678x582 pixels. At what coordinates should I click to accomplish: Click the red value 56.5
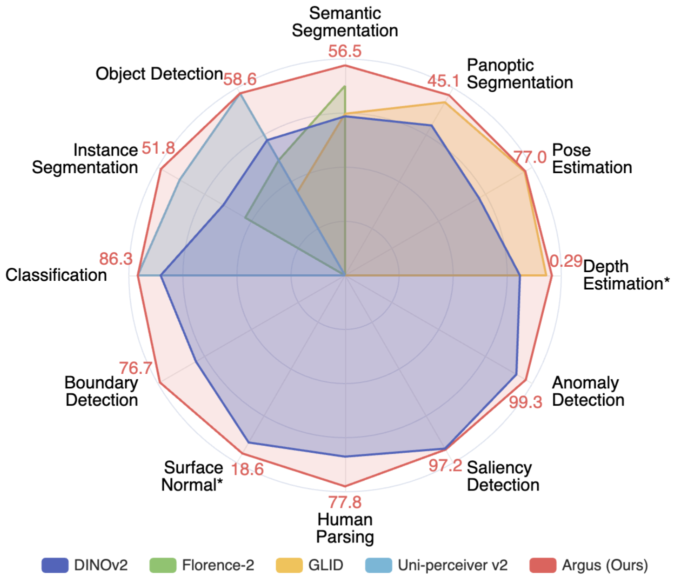(x=344, y=52)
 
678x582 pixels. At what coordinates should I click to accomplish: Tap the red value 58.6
(x=240, y=80)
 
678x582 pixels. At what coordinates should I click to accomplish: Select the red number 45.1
(x=443, y=81)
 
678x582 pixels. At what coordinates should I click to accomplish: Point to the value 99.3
(x=525, y=402)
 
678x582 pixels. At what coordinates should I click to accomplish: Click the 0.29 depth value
(x=566, y=261)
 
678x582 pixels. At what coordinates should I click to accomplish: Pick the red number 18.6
(x=247, y=469)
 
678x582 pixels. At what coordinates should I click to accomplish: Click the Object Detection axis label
(x=159, y=74)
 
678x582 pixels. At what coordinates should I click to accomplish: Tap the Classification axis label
(x=56, y=275)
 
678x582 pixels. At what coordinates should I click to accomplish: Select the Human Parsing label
(x=345, y=528)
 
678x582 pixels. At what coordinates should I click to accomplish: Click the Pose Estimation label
(x=592, y=159)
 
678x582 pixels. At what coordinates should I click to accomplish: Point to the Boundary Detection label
(x=101, y=391)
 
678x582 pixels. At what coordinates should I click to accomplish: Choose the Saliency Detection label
(x=503, y=476)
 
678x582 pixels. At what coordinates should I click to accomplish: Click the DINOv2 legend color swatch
(x=55, y=565)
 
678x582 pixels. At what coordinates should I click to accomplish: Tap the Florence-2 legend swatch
(x=163, y=565)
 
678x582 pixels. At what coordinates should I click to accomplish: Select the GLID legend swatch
(x=289, y=565)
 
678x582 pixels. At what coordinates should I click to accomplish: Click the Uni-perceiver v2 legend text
(x=452, y=565)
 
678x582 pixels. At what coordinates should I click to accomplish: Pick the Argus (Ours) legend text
(x=605, y=565)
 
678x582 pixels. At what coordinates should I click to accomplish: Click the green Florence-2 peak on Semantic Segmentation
(x=344, y=87)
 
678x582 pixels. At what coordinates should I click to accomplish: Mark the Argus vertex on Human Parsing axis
(x=345, y=486)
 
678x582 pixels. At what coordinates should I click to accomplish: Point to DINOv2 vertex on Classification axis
(x=160, y=276)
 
